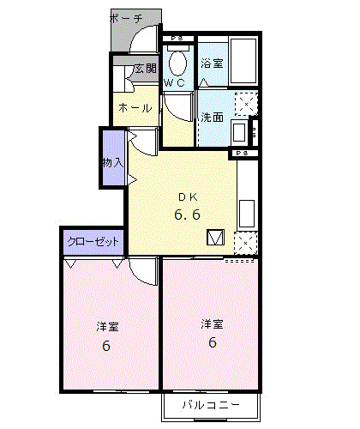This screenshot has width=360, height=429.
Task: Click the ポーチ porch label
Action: [127, 18]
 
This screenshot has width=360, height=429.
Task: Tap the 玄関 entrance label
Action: [145, 69]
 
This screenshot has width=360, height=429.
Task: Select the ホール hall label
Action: [135, 108]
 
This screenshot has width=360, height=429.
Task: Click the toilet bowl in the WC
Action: [178, 63]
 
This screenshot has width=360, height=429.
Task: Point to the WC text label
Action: [174, 83]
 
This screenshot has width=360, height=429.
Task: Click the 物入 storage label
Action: [112, 162]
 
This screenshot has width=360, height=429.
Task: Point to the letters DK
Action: [187, 195]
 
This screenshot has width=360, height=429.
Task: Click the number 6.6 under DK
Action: [187, 214]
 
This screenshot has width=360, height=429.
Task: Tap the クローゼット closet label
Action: [93, 242]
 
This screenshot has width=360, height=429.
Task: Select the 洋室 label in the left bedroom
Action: [106, 326]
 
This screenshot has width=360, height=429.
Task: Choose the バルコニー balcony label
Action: [210, 405]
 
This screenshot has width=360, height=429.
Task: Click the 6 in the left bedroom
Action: [106, 347]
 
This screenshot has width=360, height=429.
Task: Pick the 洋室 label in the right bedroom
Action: [212, 323]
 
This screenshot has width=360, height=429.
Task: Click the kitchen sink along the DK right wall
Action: [245, 211]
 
